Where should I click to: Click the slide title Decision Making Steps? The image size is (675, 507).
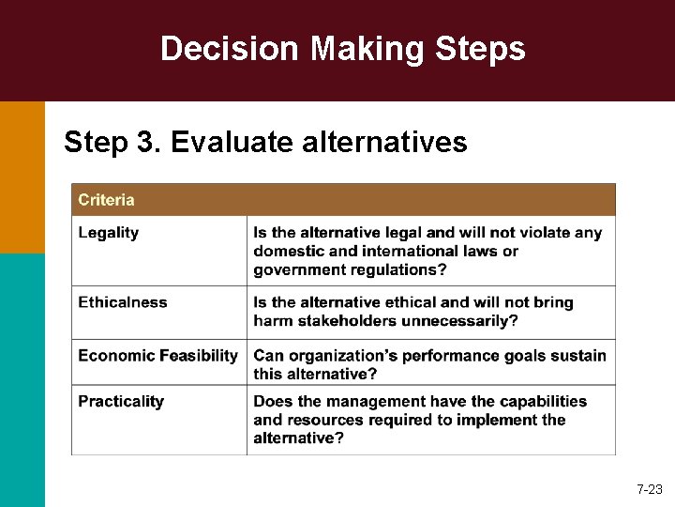click(342, 49)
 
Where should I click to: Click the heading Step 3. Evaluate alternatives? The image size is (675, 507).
click(265, 142)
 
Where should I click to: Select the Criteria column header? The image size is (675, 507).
click(106, 200)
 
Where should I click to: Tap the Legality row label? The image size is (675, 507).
click(109, 232)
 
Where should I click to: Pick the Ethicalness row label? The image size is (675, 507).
click(123, 302)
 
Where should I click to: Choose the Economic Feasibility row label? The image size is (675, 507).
click(157, 355)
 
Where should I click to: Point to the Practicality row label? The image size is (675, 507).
click(121, 401)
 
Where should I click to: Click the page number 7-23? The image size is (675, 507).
click(649, 489)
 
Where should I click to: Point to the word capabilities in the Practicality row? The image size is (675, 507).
click(542, 401)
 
